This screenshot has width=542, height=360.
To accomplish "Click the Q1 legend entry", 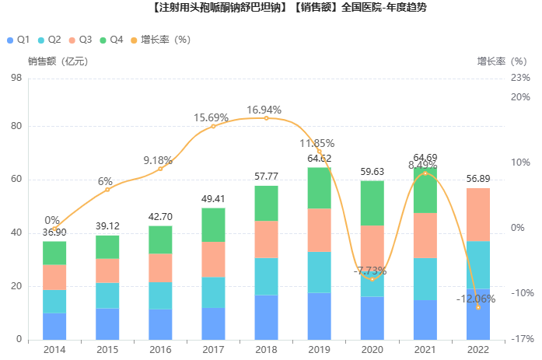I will pyautogui.click(x=18, y=39).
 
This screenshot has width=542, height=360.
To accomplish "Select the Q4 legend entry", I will pyautogui.click(x=111, y=39).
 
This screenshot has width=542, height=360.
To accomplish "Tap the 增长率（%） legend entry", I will pyautogui.click(x=159, y=39).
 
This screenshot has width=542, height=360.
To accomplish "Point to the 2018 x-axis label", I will pyautogui.click(x=266, y=350).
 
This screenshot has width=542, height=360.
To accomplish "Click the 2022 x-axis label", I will pyautogui.click(x=478, y=350).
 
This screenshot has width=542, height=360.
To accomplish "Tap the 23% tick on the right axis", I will pyautogui.click(x=521, y=77).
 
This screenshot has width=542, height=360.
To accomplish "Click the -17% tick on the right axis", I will pyautogui.click(x=521, y=340).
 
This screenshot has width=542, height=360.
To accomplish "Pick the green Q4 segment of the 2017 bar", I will pyautogui.click(x=213, y=225).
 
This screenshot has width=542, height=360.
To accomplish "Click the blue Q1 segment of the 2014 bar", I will pyautogui.click(x=54, y=326).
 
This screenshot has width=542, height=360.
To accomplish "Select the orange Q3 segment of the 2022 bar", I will pyautogui.click(x=478, y=215).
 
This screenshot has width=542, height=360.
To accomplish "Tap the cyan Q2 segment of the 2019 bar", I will pyautogui.click(x=319, y=272).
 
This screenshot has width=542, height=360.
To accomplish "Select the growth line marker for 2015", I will pyautogui.click(x=107, y=190).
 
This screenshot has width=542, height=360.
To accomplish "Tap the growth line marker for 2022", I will pyautogui.click(x=478, y=308).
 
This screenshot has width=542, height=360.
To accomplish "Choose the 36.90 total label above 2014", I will pyautogui.click(x=54, y=232).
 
